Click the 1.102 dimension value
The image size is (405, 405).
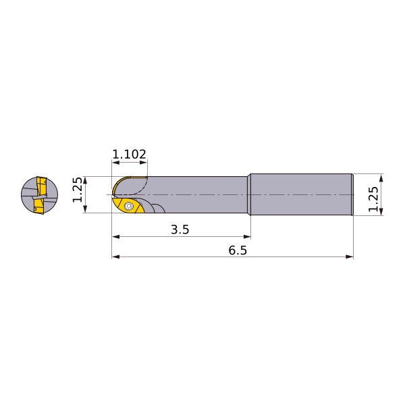(129, 154)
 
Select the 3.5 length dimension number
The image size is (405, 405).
(180, 230)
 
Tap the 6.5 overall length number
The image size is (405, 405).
(238, 250)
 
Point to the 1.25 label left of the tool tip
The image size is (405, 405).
(78, 190)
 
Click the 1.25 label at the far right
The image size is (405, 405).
(373, 199)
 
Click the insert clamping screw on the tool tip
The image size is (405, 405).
(128, 206)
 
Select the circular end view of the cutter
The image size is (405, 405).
(40, 195)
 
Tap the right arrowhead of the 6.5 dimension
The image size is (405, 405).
(350, 256)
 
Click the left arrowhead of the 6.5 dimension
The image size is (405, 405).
(115, 256)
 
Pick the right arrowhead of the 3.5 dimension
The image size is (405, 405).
(247, 237)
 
